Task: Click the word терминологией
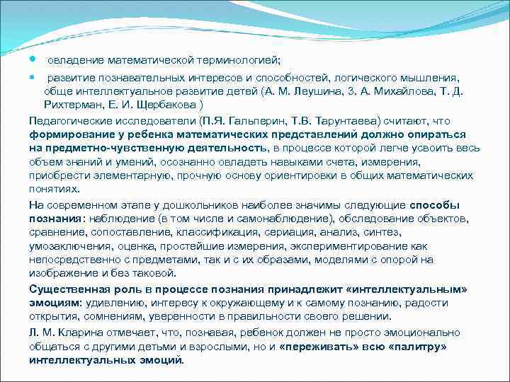(240, 59)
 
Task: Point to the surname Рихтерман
(71, 105)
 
